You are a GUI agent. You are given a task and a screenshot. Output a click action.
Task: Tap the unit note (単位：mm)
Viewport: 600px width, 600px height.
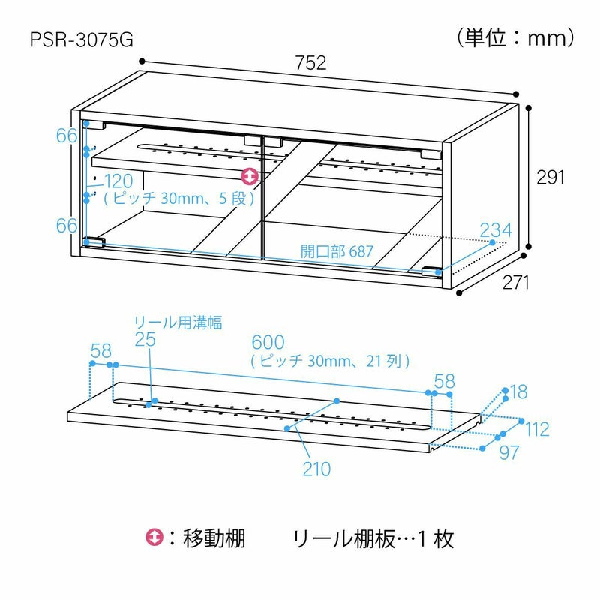514,37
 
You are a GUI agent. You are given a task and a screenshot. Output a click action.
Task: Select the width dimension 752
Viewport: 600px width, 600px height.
311,63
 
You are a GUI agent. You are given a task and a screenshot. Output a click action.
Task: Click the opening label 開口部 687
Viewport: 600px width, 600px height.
337,251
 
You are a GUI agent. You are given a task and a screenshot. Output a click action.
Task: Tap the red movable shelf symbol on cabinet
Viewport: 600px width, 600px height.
250,177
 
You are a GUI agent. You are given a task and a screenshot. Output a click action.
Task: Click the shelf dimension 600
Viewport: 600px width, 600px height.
268,343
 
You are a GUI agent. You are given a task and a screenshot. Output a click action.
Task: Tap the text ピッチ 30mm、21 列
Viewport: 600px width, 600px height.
330,361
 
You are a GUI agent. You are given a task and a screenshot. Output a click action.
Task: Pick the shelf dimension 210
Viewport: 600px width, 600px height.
316,469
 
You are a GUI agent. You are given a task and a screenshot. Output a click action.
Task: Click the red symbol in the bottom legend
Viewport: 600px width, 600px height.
153,538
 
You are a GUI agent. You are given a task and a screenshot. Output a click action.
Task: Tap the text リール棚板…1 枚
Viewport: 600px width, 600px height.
373,538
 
